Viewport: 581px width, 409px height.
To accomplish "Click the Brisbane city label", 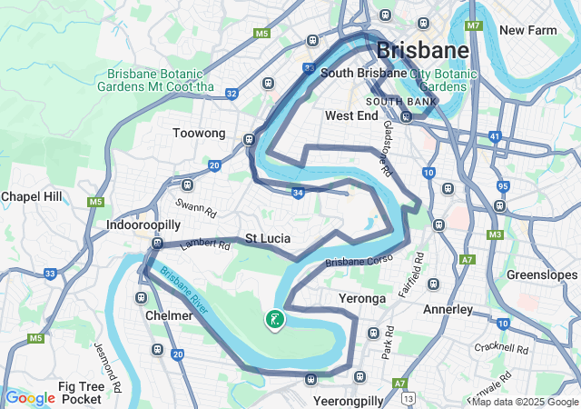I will (423, 49).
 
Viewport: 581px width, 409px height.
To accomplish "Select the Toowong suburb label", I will (199, 134).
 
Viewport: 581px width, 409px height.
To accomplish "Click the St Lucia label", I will (268, 238).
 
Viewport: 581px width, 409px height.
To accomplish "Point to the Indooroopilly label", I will (144, 224).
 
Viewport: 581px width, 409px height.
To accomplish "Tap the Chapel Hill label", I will (31, 196).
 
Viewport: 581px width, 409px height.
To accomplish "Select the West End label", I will (351, 116).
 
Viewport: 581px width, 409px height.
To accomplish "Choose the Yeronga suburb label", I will (362, 298).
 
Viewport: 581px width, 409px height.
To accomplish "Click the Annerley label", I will (448, 309).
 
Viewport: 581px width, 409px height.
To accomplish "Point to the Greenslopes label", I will (542, 274).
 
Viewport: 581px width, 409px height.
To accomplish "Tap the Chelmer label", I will (169, 315).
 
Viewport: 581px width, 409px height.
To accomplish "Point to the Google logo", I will (30, 397).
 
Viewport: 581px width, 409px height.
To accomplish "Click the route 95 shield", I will (502, 186).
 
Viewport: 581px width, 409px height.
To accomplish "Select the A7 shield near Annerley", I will (467, 260).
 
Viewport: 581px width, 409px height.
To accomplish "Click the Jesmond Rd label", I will (108, 366).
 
